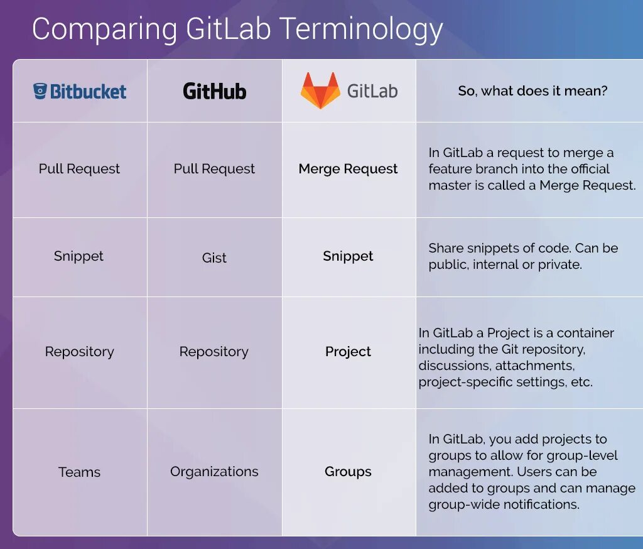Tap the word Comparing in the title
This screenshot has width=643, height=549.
[105, 30]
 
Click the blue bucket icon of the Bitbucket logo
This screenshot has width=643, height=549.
[40, 92]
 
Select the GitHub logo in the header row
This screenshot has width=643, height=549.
[214, 92]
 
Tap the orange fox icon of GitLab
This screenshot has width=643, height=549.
[320, 90]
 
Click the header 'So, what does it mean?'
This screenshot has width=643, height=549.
[532, 91]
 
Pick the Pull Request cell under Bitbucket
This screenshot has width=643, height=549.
[79, 169]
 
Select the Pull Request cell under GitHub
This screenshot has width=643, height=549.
[214, 169]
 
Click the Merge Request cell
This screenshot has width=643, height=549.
[348, 169]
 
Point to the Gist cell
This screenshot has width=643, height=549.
[214, 258]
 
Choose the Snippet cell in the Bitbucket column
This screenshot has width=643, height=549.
[79, 256]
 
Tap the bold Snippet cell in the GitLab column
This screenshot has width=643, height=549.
[348, 256]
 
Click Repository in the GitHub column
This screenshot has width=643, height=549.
[214, 352]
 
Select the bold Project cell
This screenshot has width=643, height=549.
[348, 352]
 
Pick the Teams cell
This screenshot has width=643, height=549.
[79, 472]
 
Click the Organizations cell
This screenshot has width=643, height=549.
[214, 472]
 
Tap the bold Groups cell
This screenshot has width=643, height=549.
[348, 472]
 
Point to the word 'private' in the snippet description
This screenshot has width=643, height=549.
[559, 264]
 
